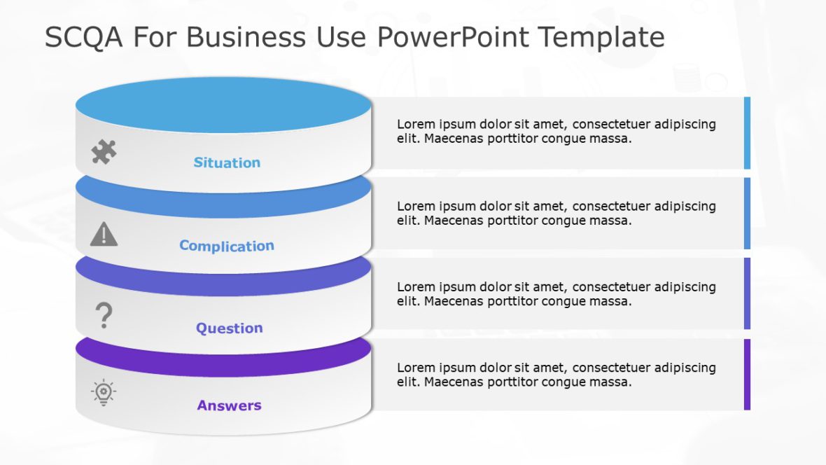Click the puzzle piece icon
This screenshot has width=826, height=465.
104,152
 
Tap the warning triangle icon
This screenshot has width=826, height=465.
104,234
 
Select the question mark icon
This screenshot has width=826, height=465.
104,316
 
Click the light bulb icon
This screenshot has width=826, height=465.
104,392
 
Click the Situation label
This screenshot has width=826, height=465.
227,162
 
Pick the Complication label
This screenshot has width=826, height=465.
227,246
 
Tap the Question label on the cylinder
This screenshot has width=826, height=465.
229,328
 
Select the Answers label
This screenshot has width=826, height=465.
229,405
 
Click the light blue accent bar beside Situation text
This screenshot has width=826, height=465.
747,133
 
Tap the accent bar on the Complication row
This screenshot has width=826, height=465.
747,214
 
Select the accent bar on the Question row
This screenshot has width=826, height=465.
747,293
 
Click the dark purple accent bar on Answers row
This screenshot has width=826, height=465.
747,375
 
